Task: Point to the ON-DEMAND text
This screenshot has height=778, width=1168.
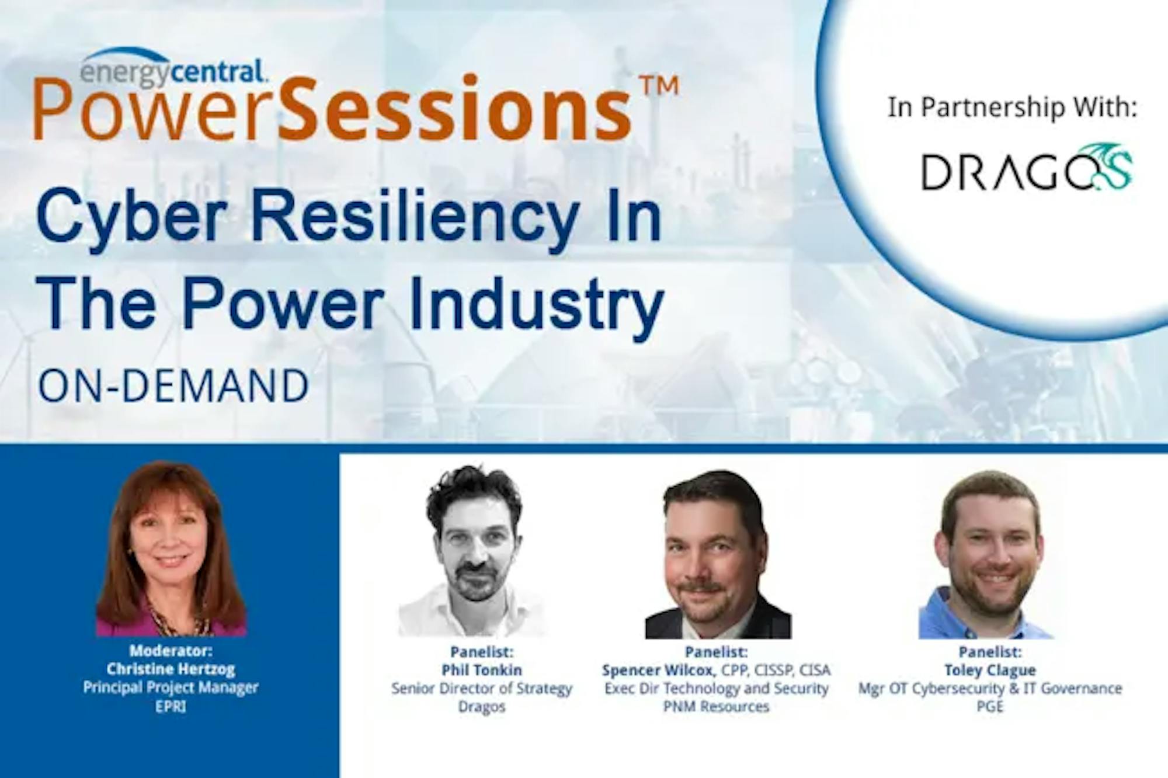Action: coord(173,386)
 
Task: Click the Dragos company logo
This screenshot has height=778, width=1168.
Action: coord(1027,168)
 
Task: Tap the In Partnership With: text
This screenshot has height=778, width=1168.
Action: coord(1013,108)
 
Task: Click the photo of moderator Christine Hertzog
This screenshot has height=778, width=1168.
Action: coord(171,548)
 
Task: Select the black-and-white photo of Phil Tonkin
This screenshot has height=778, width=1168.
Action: coord(473,550)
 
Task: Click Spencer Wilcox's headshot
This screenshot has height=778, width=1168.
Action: coord(718,553)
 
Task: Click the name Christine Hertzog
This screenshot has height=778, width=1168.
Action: coord(171,669)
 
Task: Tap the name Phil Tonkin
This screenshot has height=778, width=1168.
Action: coord(482,670)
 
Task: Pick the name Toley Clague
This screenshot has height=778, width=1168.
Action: coord(990,670)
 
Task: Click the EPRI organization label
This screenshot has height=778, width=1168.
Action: coord(171,706)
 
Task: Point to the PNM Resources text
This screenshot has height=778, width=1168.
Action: coord(716,707)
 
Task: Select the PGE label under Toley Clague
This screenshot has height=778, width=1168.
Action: coord(990,707)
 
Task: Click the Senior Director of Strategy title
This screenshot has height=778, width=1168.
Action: coord(482,689)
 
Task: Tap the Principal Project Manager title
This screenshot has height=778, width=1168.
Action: coord(171,687)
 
